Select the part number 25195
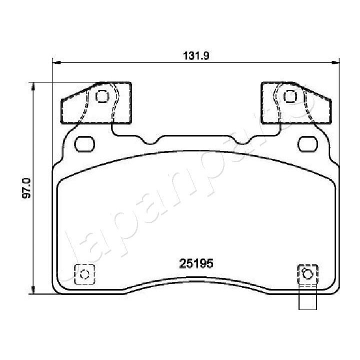point(196,262)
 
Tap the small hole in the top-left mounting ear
point(102,96)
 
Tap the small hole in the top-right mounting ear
point(288,96)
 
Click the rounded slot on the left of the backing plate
point(84,144)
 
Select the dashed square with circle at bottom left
point(84,273)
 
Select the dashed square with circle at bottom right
point(306,274)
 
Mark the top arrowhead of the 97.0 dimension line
point(33,86)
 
